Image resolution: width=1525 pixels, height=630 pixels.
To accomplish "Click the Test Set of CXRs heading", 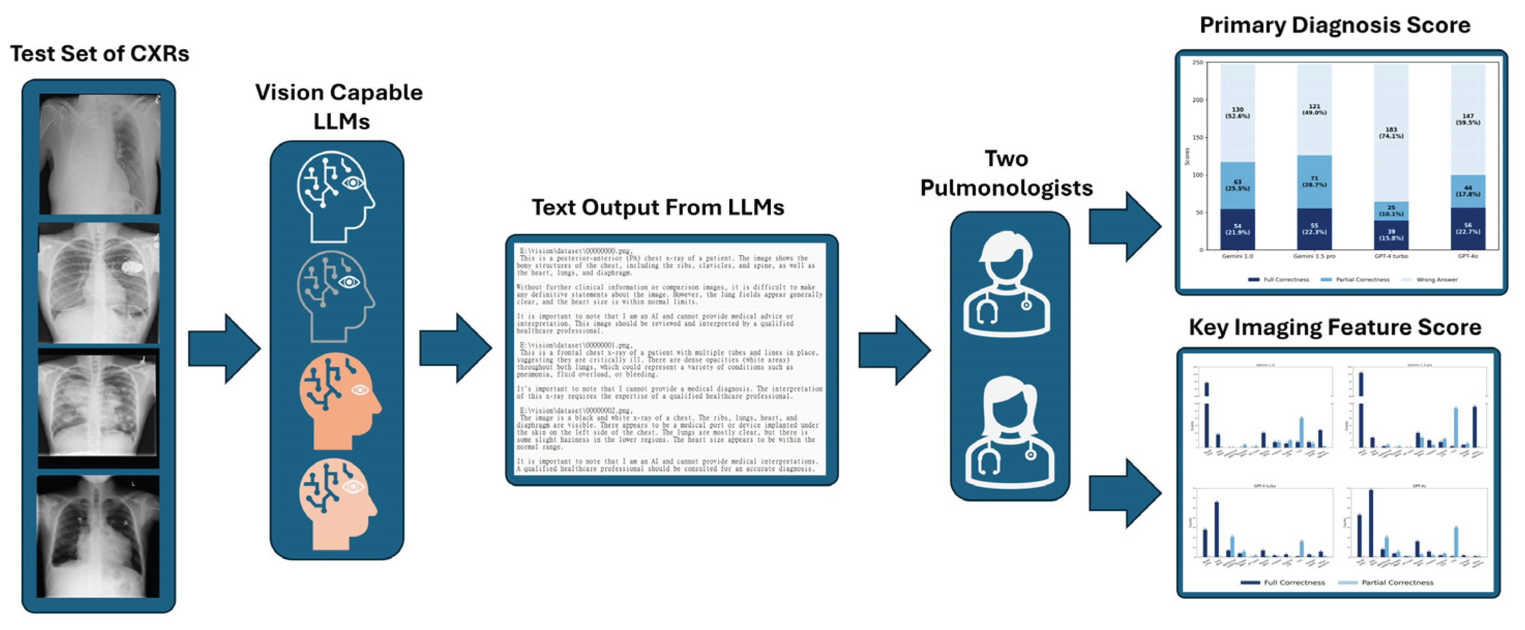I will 99,54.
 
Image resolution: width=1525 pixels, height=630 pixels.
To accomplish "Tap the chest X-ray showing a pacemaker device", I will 99,282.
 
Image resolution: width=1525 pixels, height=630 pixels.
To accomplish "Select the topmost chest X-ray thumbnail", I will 99,154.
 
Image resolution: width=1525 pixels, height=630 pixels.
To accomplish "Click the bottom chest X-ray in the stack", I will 98,536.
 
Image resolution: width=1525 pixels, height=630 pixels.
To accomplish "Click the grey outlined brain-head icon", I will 336,296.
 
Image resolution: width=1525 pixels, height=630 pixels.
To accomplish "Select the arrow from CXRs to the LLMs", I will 225,349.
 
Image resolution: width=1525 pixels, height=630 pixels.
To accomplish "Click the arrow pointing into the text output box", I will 455,349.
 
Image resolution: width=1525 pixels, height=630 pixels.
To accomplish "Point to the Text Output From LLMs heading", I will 657,207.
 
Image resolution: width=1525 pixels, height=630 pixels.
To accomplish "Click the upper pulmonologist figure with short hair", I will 1006,284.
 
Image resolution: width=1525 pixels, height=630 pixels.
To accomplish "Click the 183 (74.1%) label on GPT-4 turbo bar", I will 1391,132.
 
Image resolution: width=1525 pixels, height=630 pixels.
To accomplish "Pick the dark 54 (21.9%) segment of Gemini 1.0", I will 1237,229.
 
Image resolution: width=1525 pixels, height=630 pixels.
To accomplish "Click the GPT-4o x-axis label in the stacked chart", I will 1468,257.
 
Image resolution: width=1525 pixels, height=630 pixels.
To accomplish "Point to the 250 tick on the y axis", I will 1198,62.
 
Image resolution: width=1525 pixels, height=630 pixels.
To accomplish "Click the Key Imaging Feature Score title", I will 1335,327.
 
